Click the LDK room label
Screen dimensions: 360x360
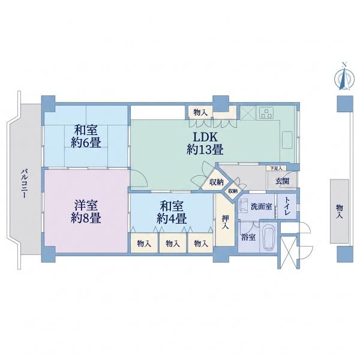[205, 144]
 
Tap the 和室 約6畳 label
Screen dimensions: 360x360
[86, 136]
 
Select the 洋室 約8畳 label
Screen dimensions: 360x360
[86, 212]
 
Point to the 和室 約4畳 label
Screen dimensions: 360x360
[172, 212]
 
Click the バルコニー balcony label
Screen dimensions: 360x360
[25, 184]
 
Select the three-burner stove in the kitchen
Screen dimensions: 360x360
[266, 113]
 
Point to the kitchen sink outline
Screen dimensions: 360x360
[287, 140]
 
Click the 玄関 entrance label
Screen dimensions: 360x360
[282, 181]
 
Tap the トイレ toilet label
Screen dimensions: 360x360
[287, 206]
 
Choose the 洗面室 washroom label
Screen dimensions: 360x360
[261, 206]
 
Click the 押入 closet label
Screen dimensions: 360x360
[226, 222]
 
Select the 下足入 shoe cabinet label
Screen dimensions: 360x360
[276, 168]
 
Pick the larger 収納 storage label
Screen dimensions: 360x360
[216, 182]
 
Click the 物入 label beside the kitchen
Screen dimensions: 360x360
[200, 113]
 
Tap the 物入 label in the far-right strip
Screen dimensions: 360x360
[340, 212]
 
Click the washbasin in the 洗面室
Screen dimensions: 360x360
[243, 205]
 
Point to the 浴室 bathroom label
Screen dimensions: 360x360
[248, 237]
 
